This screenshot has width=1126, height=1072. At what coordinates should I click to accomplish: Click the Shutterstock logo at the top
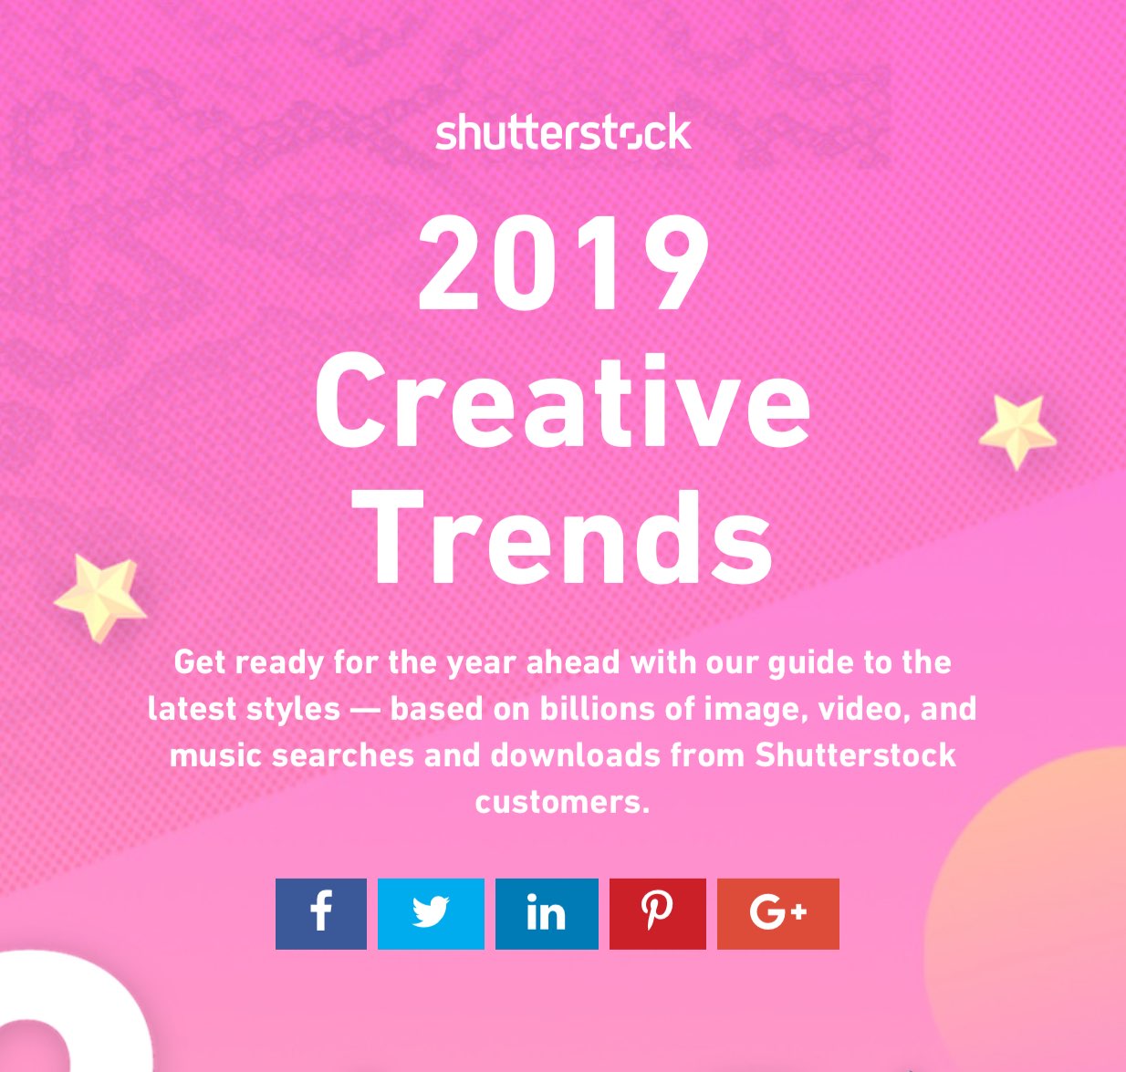563,132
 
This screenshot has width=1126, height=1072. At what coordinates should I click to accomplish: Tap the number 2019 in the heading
564,263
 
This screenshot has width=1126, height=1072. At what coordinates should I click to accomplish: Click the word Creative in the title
562,401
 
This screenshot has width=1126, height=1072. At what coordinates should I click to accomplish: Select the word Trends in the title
562,537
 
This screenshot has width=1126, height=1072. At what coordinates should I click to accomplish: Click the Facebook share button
320,914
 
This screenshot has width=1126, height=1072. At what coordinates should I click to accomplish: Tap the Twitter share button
431,914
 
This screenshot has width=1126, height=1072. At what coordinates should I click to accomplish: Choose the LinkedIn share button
547,914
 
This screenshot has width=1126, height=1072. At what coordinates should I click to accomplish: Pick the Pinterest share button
658,914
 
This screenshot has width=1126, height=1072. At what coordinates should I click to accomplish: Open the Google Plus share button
777,914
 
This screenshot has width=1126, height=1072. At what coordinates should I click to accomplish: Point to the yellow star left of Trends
100,597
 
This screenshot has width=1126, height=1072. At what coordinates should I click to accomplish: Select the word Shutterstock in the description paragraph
856,755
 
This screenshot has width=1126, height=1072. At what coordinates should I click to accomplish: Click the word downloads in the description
576,755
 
